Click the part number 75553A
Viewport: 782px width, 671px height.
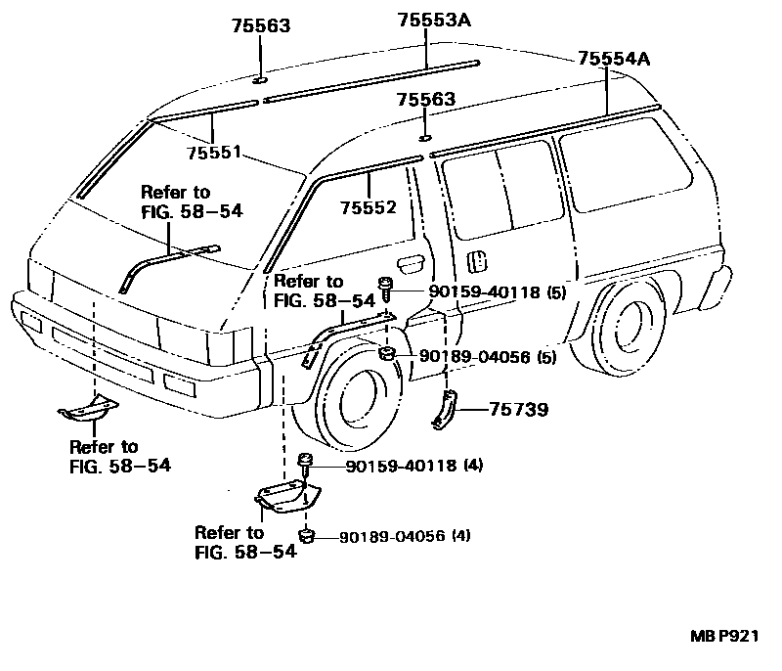click(x=434, y=20)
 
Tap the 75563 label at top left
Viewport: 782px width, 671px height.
click(x=261, y=27)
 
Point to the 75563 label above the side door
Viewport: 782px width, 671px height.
click(x=425, y=100)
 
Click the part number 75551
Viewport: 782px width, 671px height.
click(x=215, y=153)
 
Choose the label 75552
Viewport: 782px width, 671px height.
click(x=369, y=207)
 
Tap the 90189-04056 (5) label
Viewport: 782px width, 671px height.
click(x=489, y=358)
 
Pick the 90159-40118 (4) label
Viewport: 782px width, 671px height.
click(x=414, y=466)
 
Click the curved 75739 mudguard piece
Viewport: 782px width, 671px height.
click(x=445, y=408)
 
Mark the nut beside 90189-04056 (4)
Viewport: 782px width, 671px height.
click(x=307, y=535)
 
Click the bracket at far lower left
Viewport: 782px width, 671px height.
click(x=87, y=411)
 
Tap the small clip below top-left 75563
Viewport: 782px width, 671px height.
click(x=260, y=82)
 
